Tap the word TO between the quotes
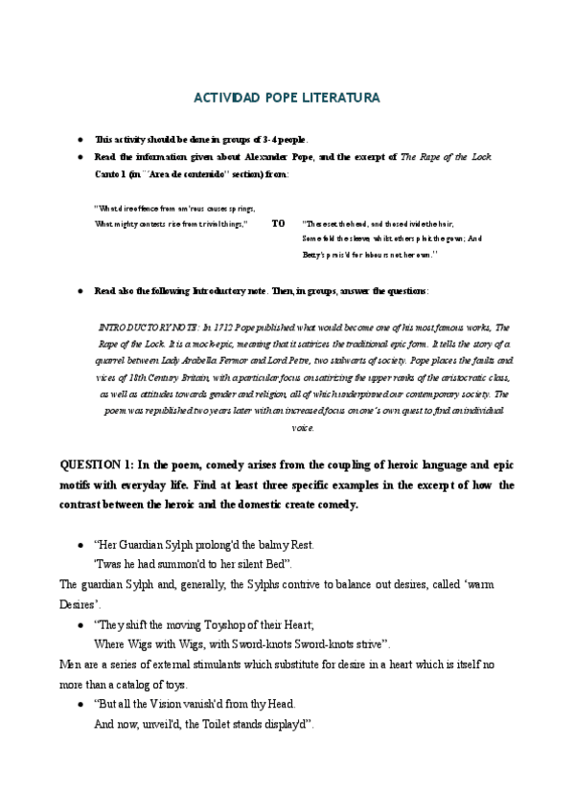click(278, 223)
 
